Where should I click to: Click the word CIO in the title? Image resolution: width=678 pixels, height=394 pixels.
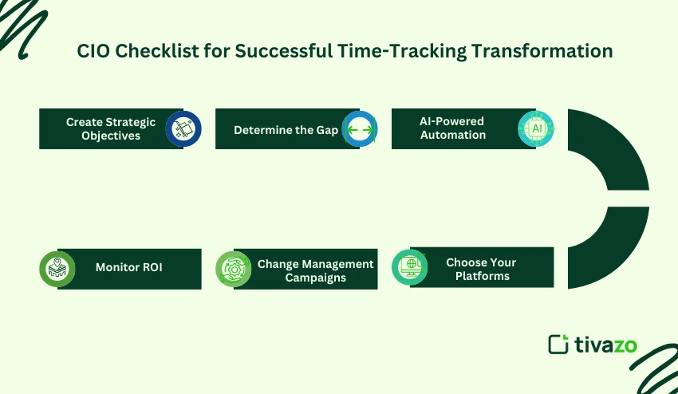93,51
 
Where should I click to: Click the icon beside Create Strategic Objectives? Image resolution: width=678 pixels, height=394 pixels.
183,128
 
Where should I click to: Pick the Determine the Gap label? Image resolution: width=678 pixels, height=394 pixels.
286,129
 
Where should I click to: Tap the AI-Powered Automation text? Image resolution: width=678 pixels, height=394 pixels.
452,128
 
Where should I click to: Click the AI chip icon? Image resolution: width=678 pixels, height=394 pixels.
535,128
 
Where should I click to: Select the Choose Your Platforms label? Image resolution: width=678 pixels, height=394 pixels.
481,269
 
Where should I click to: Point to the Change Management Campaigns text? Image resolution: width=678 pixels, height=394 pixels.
315,270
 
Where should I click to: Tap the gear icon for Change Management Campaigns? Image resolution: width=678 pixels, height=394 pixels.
234,269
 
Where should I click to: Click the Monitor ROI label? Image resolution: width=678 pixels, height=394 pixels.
128,268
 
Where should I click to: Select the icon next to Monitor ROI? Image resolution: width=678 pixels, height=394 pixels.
57,269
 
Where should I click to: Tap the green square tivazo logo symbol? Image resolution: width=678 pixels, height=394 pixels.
558,344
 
